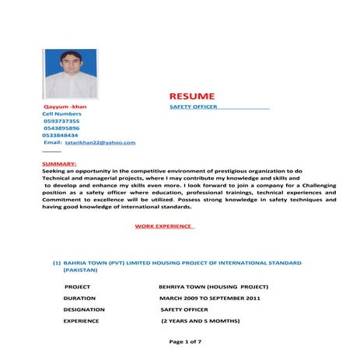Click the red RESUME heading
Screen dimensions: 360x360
click(x=192, y=95)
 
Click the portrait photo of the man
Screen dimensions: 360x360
click(x=70, y=73)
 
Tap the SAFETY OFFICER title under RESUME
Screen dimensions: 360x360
click(x=194, y=107)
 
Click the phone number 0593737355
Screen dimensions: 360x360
click(x=61, y=121)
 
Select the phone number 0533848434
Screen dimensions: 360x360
click(x=61, y=135)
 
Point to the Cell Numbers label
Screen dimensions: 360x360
click(x=61, y=114)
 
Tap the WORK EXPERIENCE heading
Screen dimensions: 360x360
click(x=163, y=226)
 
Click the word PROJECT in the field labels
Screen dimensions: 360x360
click(x=77, y=286)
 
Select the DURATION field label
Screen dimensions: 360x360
click(x=79, y=298)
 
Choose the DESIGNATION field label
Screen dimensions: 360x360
click(x=84, y=309)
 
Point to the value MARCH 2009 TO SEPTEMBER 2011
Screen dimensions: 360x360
click(x=210, y=298)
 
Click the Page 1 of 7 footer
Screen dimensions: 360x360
click(x=185, y=342)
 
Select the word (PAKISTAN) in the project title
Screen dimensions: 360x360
click(x=80, y=270)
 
